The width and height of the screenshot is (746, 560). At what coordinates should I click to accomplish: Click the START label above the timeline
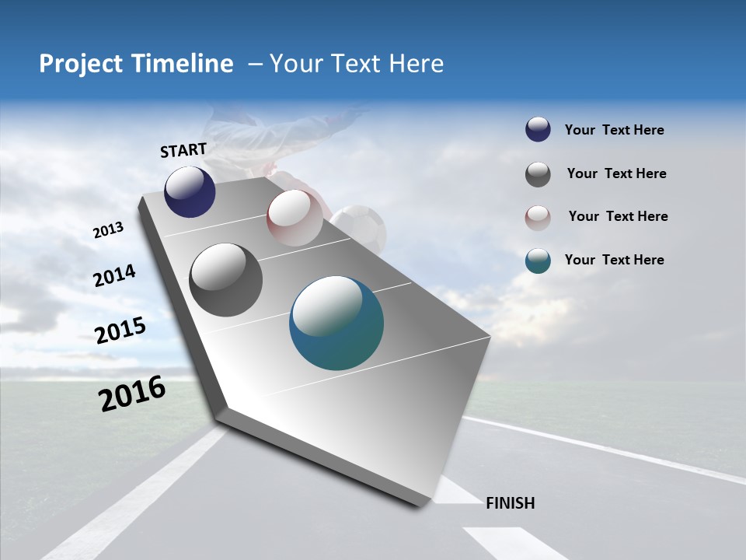click(183, 150)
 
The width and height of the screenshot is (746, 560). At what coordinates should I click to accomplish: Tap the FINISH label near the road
click(510, 503)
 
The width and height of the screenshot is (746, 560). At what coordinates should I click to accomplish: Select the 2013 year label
click(109, 230)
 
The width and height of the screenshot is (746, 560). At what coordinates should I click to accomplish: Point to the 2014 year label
click(115, 276)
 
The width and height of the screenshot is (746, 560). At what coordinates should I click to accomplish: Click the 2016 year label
click(132, 393)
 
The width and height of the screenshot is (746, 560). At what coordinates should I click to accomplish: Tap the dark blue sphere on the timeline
click(190, 191)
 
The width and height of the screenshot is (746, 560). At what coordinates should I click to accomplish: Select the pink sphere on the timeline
click(295, 218)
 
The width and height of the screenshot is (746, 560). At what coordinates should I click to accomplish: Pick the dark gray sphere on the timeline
click(225, 280)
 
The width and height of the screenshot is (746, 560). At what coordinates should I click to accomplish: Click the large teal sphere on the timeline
click(336, 323)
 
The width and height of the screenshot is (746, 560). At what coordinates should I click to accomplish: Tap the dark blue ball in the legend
click(538, 130)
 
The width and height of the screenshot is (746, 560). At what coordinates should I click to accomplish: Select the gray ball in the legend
click(538, 174)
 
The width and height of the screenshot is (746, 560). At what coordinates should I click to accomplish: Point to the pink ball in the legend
click(538, 217)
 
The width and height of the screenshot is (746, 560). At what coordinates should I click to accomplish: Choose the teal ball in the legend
click(538, 261)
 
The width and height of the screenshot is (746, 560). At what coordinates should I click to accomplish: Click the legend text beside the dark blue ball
click(614, 131)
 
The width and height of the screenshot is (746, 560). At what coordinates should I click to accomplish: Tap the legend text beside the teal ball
click(614, 260)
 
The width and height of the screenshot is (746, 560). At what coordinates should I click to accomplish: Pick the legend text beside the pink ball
click(618, 216)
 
